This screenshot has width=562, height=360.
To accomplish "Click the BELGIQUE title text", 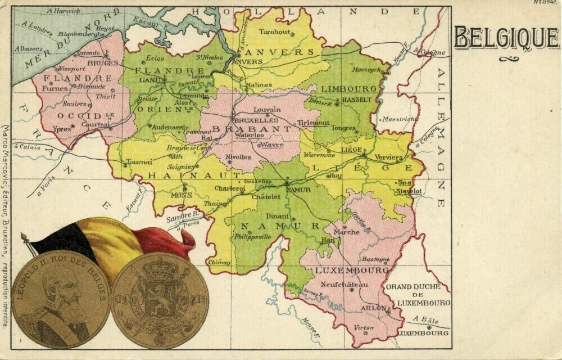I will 506,38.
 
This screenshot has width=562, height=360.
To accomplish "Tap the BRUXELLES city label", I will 256,120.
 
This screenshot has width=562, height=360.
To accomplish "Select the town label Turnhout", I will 275,32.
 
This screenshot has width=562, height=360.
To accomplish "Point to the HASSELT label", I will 357,100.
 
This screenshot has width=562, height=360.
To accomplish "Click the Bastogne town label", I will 375,259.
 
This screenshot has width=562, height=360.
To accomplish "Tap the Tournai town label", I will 139,161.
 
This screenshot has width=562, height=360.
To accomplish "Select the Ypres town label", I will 62,129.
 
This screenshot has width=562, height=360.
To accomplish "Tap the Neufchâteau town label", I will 345,285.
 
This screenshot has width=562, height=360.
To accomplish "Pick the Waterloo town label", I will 250,136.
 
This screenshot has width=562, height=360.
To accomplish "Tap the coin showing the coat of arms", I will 160,300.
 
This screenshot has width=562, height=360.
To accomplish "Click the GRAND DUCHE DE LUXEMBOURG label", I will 416,294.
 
